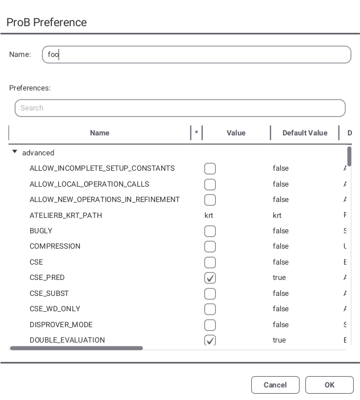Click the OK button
(329, 385)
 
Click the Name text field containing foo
(197, 55)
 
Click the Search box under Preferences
(180, 108)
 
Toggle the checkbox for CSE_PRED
(210, 278)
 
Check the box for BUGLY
(210, 232)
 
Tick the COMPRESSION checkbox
(210, 247)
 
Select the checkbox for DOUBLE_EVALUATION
(210, 340)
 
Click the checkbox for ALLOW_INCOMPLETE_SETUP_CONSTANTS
(210, 169)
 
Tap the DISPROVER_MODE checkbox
(210, 325)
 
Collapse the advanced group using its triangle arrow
(15, 152)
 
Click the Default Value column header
(305, 133)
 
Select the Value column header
(236, 133)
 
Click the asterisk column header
(197, 133)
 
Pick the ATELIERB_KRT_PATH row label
(66, 216)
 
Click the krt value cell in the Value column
(209, 216)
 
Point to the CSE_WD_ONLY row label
(55, 309)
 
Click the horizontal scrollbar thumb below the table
(76, 348)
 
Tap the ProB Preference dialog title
(47, 23)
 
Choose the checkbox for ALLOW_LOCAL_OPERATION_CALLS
(210, 185)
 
